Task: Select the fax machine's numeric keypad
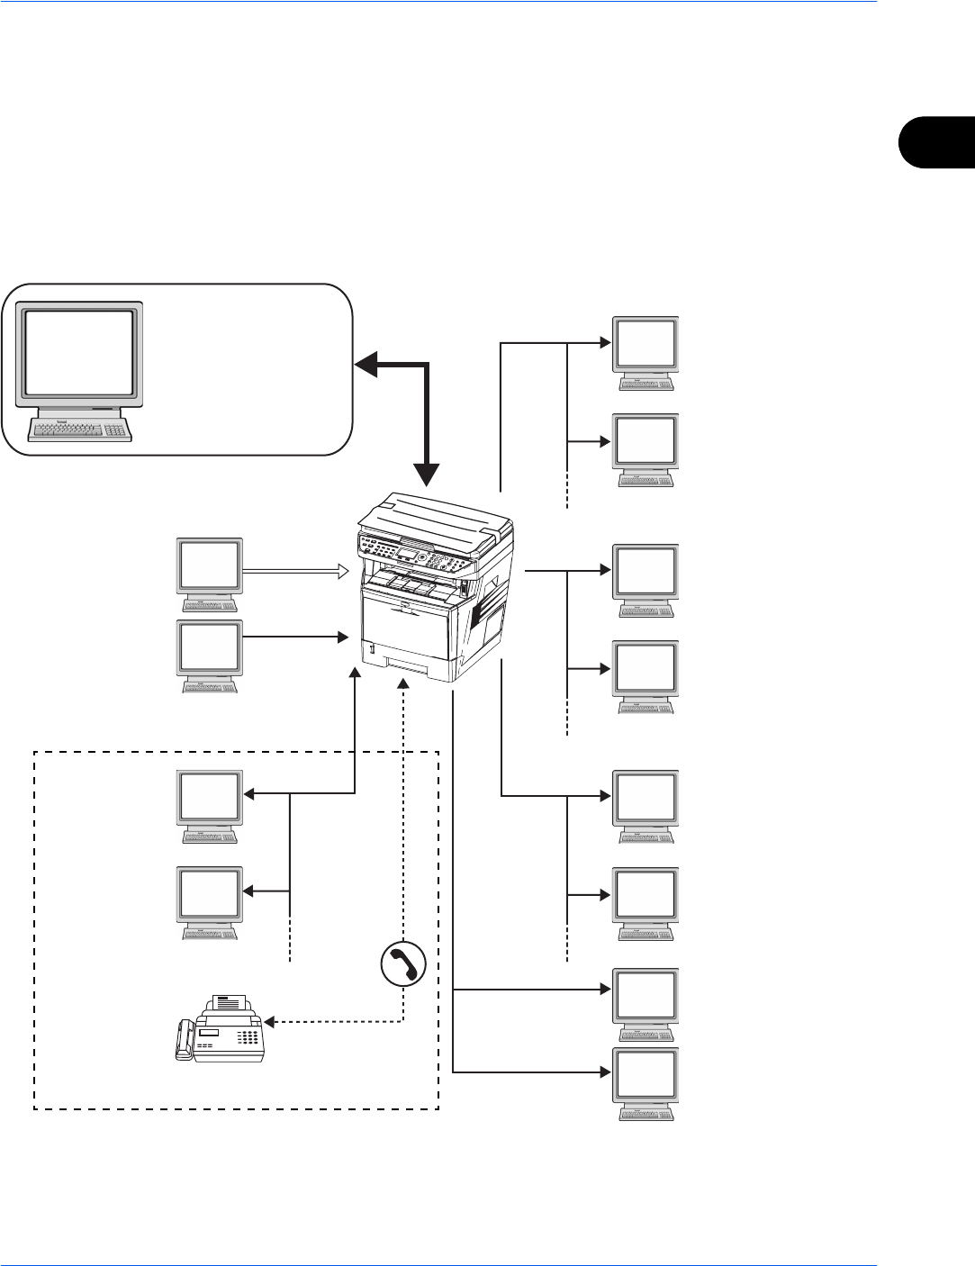(246, 1038)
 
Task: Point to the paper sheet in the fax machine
(229, 1003)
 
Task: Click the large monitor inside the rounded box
(81, 353)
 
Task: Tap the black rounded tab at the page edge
(936, 140)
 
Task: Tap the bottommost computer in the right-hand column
(645, 1084)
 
